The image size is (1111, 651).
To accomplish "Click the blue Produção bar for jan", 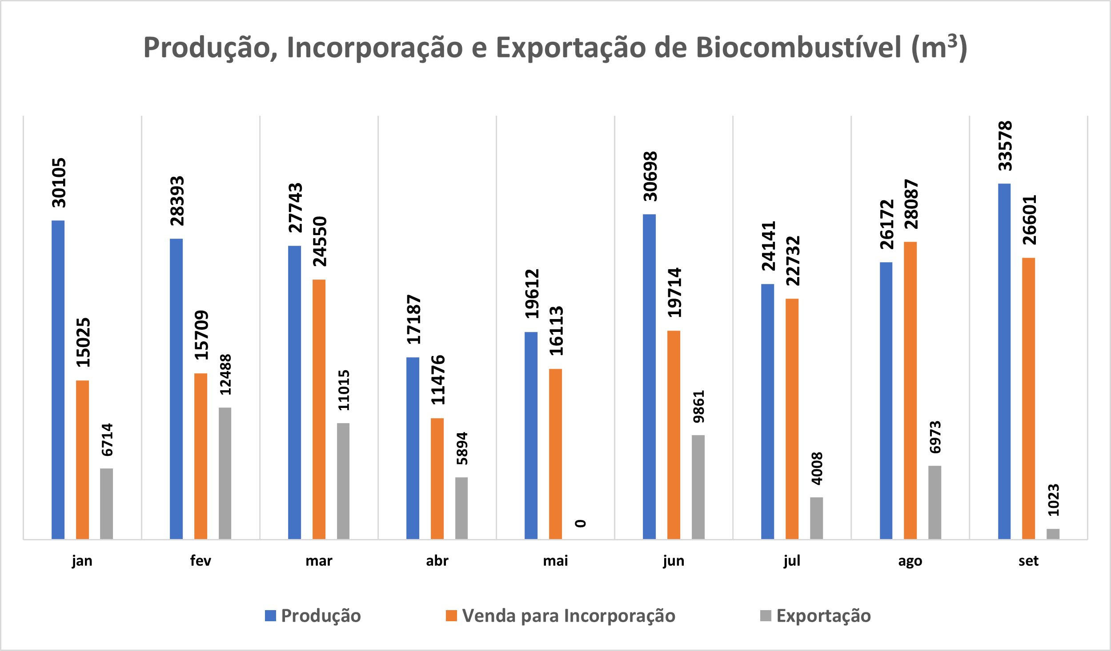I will (x=58, y=379).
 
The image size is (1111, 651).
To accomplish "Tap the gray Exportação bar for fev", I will (x=225, y=473).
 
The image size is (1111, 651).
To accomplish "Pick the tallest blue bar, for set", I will (x=1004, y=361).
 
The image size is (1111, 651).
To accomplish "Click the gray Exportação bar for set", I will (x=1053, y=534).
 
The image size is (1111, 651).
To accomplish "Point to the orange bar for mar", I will (x=319, y=409).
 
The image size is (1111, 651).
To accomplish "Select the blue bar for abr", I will (x=413, y=448).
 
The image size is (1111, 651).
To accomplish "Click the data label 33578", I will (x=1005, y=146).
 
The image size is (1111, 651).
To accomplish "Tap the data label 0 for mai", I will (x=581, y=523).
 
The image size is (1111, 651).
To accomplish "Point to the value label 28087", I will (x=911, y=204).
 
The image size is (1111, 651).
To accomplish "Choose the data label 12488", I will (x=226, y=374).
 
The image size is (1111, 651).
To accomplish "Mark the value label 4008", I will (x=817, y=468).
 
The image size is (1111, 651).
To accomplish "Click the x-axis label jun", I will (x=674, y=561).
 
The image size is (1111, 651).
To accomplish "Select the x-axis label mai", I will (x=555, y=561).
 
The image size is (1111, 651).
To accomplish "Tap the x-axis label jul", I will (x=792, y=561).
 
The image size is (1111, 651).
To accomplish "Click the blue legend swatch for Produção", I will (x=270, y=615).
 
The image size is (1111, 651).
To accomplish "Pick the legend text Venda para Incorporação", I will (x=569, y=616).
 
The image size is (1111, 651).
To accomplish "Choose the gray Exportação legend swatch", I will (x=766, y=615).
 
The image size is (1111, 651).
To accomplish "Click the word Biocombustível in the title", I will (x=798, y=47).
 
